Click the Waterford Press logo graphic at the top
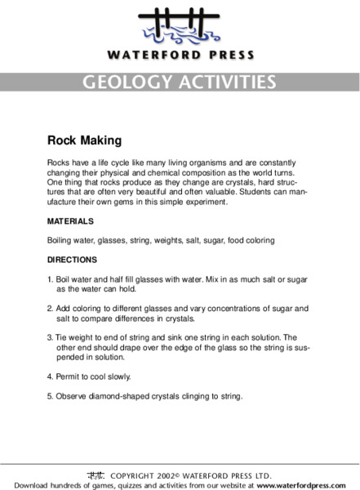coord(180,28)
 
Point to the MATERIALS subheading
coord(70,221)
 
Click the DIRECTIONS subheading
coord(73,261)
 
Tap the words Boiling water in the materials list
coord(71,241)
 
